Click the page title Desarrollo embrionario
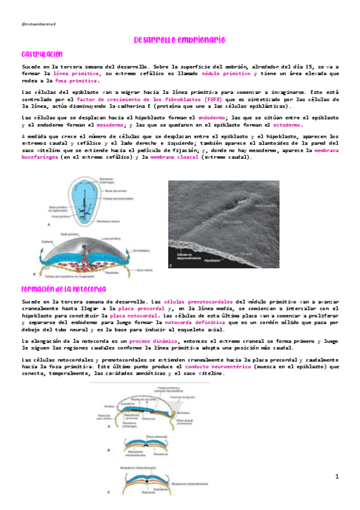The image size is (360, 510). click(x=179, y=40)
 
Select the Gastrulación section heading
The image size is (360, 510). click(x=42, y=54)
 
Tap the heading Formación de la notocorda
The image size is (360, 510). click(x=64, y=289)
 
